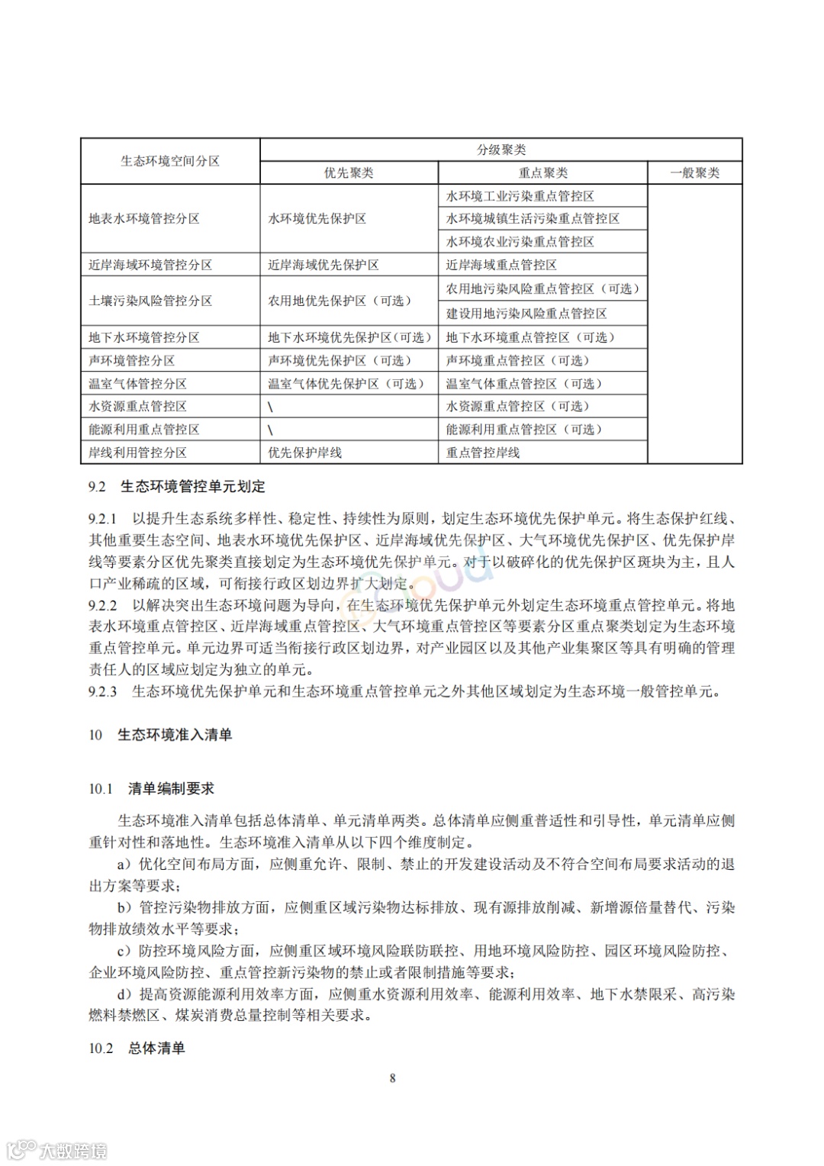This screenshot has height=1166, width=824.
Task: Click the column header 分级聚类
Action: [501, 150]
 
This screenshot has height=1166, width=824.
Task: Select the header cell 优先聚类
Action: [349, 173]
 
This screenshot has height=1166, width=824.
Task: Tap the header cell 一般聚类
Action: [694, 173]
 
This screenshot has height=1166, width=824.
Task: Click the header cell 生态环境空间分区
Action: [170, 161]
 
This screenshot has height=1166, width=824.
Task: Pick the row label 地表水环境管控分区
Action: [144, 219]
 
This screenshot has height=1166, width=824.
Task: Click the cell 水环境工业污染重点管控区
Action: [520, 196]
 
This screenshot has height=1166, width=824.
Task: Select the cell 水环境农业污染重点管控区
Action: [520, 242]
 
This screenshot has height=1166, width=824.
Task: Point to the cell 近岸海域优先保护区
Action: [323, 265]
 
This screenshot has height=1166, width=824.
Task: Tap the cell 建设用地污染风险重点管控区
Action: [526, 314]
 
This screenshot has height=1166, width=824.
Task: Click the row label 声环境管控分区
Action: [132, 361]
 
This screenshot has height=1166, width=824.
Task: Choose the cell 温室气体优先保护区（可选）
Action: [346, 384]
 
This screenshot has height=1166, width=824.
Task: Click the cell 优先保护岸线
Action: [305, 453]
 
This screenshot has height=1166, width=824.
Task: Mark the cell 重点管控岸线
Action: [483, 453]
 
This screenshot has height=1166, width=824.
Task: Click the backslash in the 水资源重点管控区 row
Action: [270, 407]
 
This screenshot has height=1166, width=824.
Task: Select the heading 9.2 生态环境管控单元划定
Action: [177, 487]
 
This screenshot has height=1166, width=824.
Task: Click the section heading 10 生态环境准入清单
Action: [160, 735]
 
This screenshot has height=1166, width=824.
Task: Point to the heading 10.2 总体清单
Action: [137, 1048]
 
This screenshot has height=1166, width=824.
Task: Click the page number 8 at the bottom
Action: [393, 1078]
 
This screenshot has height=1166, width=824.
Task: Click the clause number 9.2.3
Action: [103, 692]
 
